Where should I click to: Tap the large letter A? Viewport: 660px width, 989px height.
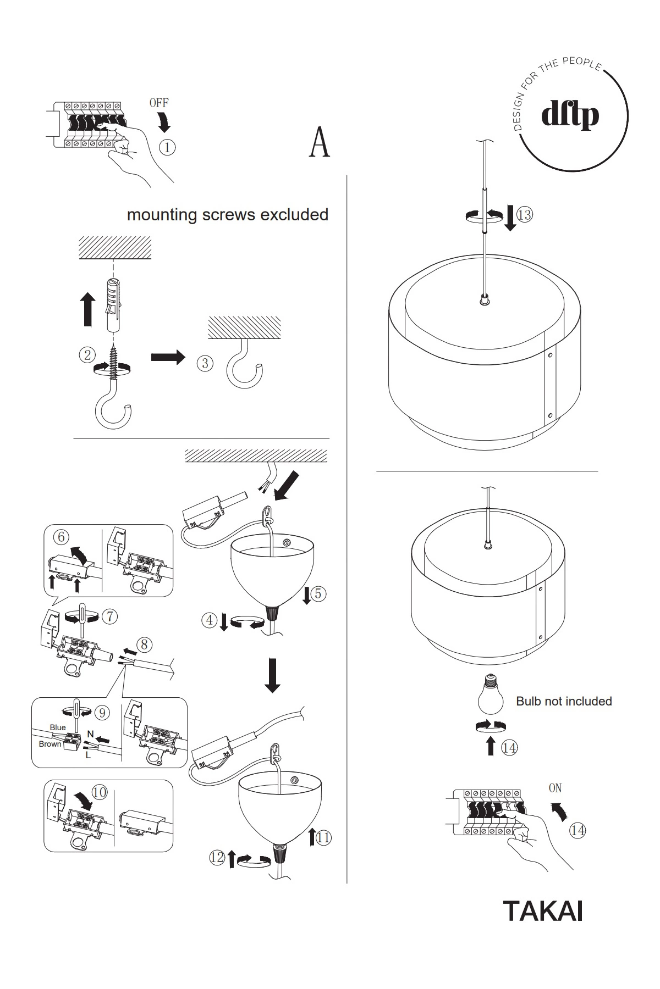coord(320,143)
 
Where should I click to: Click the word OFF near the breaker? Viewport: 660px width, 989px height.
coord(159,103)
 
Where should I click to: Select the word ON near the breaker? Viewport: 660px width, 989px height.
coord(555,788)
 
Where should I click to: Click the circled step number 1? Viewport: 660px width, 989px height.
coord(167,147)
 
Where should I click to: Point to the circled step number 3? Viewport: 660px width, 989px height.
coord(205,363)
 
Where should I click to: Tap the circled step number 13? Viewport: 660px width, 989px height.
coord(524,214)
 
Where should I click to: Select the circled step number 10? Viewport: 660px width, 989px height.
coord(100,792)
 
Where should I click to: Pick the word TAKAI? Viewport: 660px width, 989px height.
coord(542,910)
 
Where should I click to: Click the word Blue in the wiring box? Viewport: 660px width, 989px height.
coord(58,727)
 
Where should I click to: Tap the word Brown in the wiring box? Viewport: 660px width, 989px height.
coord(50,744)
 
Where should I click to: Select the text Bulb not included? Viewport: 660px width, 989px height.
coord(564,701)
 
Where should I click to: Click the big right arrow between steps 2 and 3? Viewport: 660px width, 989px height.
coord(168,358)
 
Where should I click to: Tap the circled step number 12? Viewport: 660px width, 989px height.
coord(217,857)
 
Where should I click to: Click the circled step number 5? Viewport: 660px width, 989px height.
coord(318,593)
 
